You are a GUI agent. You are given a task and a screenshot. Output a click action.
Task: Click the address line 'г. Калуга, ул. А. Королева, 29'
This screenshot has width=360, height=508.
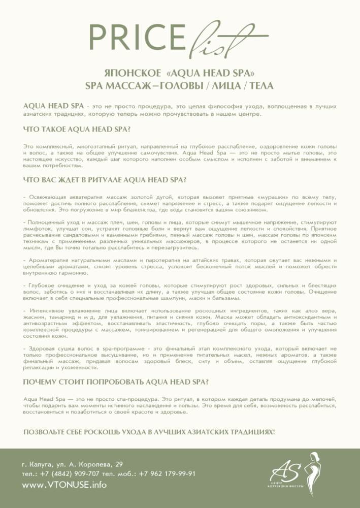coord(72,464)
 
